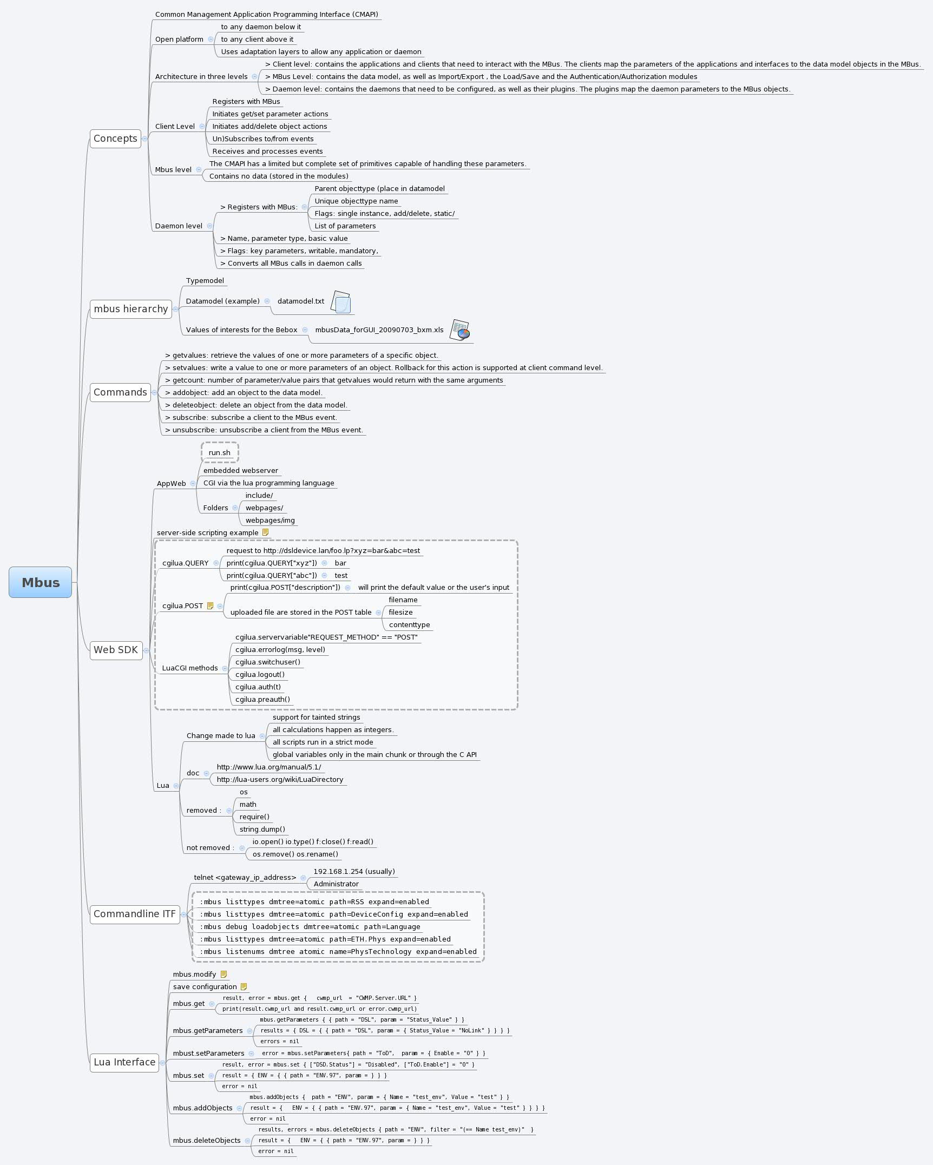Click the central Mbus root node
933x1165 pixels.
click(x=41, y=582)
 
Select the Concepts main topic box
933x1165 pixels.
click(x=115, y=139)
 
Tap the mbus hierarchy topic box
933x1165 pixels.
click(x=130, y=309)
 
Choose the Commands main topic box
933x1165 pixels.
click(x=120, y=392)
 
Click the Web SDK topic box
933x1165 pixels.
click(x=116, y=650)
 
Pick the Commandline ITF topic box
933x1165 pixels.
click(x=135, y=914)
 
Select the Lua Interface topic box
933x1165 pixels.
click(x=124, y=1062)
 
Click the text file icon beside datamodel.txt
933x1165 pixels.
click(x=341, y=302)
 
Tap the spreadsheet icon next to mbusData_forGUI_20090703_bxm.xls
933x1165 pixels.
click(x=459, y=330)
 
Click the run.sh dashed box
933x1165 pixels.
click(x=219, y=452)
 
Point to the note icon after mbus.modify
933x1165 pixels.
click(x=224, y=975)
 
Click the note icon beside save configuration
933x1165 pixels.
click(x=244, y=987)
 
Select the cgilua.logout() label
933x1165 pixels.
click(x=260, y=674)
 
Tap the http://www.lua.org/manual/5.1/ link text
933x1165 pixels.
click(x=269, y=767)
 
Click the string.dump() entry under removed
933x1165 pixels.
click(x=262, y=829)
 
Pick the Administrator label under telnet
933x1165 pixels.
click(x=336, y=884)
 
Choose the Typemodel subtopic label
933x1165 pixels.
click(x=205, y=280)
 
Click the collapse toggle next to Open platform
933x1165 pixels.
click(x=211, y=40)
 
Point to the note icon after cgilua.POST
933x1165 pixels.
click(x=211, y=606)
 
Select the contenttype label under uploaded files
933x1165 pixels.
click(x=409, y=624)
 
